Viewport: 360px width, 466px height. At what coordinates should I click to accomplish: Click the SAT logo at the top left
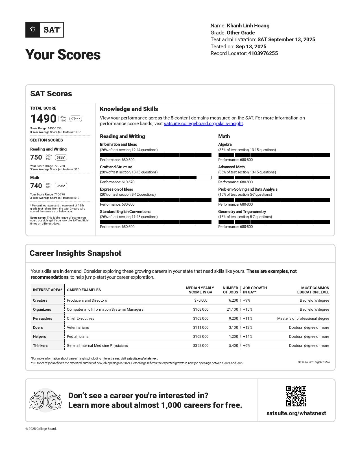click(x=45, y=30)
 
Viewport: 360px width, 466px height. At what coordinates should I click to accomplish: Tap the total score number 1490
click(x=43, y=119)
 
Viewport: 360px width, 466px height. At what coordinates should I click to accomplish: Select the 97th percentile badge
click(x=76, y=119)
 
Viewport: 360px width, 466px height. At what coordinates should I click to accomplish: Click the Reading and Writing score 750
click(x=36, y=157)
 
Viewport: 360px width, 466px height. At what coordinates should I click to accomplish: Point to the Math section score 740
click(x=36, y=186)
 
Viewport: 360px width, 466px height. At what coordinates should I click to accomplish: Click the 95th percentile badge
click(x=61, y=186)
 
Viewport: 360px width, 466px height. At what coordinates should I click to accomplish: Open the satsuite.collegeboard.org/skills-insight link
click(x=203, y=124)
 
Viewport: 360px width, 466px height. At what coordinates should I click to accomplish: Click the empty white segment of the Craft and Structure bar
click(x=204, y=178)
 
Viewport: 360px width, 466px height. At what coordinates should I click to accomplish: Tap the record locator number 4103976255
click(x=263, y=53)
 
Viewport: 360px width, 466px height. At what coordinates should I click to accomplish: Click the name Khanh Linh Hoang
click(x=248, y=26)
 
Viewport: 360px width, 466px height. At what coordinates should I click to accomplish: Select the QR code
click(x=296, y=396)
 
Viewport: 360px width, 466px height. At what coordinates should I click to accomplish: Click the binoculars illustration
click(x=45, y=400)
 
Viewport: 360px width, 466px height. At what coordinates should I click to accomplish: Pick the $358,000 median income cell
click(x=201, y=345)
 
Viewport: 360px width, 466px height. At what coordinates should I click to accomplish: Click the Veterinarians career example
click(x=78, y=328)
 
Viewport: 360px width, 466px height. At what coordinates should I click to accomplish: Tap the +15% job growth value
click(x=248, y=310)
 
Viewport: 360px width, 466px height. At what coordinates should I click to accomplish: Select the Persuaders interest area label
click(x=43, y=319)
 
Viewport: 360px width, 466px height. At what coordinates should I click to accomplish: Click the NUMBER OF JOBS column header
click(x=230, y=290)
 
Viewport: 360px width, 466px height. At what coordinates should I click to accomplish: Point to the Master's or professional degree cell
click(x=303, y=319)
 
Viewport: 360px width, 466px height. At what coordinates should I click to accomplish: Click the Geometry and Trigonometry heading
click(x=242, y=212)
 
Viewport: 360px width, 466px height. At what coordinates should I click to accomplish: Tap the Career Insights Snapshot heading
click(x=75, y=253)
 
